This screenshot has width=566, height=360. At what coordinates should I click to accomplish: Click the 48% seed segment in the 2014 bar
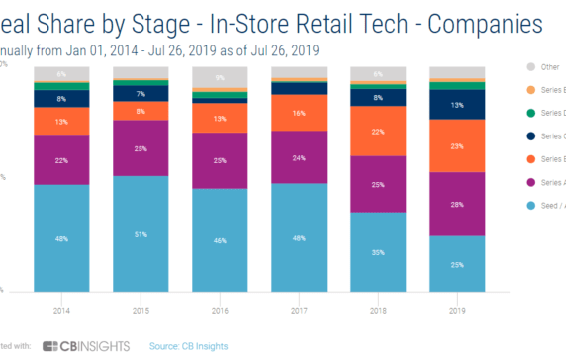61,237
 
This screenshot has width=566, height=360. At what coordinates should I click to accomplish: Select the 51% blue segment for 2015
140,234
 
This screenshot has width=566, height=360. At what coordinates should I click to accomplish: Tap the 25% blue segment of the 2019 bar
457,263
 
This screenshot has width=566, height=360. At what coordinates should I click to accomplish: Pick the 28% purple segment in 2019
457,204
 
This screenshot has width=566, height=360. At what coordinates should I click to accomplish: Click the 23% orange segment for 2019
457,145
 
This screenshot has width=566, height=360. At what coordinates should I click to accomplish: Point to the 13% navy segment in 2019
457,104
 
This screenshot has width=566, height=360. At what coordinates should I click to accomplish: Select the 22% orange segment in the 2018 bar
377,133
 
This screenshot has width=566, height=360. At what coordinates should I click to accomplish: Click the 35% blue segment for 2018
377,252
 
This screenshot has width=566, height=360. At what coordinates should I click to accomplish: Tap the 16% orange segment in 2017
299,113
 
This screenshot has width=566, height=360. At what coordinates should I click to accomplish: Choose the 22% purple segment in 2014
61,160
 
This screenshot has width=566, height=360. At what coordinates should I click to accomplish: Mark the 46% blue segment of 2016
220,239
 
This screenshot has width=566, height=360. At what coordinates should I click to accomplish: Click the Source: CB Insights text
189,345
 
